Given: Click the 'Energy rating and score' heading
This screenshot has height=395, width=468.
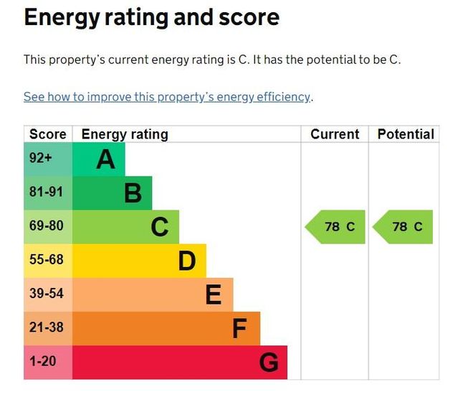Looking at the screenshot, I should (x=151, y=17).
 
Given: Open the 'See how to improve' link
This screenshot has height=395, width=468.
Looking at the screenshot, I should (x=167, y=97).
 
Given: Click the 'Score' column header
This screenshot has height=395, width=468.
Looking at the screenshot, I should (x=48, y=134).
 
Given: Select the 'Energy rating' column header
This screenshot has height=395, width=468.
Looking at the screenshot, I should (x=125, y=134).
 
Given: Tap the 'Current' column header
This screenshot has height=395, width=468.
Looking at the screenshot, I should (x=335, y=134).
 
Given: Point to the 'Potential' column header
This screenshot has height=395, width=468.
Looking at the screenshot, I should (x=406, y=134).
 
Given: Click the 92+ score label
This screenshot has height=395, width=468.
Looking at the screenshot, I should (x=41, y=159).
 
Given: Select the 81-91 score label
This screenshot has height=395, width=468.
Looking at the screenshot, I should (x=46, y=192).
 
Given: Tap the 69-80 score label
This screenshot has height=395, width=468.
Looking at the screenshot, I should (x=46, y=227).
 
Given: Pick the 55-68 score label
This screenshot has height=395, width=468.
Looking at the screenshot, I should (x=46, y=260).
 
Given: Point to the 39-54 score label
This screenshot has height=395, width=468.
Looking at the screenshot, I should (x=46, y=294).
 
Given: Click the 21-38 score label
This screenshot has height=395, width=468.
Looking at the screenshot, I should (x=46, y=327).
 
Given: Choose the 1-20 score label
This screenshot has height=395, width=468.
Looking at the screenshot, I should (x=43, y=361).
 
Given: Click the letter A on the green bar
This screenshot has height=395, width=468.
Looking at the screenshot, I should (x=105, y=159).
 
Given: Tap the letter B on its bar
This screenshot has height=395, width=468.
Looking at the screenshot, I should (x=133, y=193).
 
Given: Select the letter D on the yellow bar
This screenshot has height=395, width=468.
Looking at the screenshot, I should (x=186, y=261).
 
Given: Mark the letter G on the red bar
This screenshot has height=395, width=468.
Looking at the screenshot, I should (x=268, y=362).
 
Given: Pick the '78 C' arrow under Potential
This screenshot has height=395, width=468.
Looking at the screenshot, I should (x=403, y=227).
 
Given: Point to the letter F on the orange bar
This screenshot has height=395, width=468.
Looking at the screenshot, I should (x=239, y=329).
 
